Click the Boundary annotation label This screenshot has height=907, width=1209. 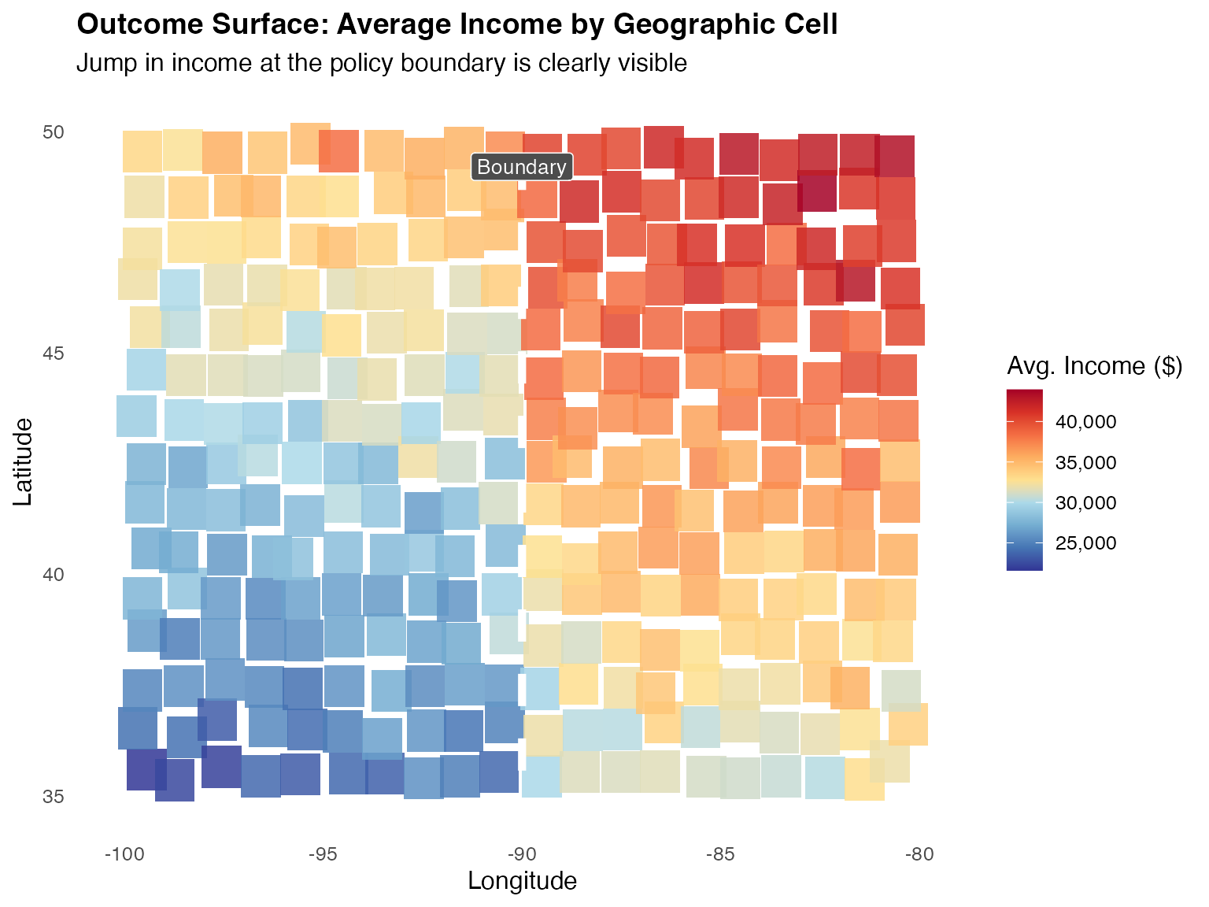point(522,167)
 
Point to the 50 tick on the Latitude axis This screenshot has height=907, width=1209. point(53,132)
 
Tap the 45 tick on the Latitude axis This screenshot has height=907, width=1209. point(53,354)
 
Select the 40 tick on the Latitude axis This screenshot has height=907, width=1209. point(53,575)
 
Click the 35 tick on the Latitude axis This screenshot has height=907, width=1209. point(53,796)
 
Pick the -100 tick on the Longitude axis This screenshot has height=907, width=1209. point(124,854)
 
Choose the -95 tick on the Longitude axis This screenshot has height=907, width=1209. point(323,854)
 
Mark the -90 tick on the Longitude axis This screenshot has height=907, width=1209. point(522,854)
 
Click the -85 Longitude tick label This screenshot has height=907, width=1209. point(721,854)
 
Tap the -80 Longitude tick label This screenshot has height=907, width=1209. point(919,854)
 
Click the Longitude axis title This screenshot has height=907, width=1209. point(522,881)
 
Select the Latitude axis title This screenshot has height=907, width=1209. point(24,461)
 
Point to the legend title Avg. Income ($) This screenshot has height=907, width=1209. point(1094,366)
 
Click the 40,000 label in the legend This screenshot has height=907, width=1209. point(1086,422)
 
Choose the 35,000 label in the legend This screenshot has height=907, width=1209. point(1086,463)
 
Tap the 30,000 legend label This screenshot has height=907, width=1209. point(1086,503)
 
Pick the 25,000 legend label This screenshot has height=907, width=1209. point(1086,543)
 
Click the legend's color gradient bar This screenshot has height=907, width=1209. point(1024,479)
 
